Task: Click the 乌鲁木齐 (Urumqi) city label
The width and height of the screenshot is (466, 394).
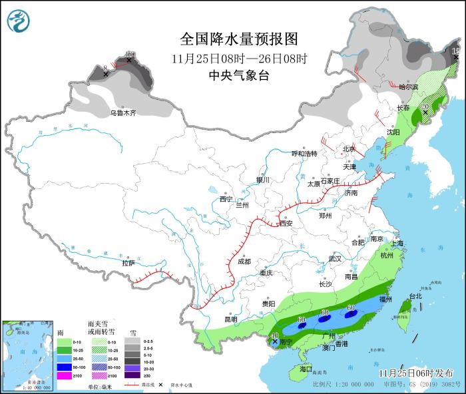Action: (x=123, y=113)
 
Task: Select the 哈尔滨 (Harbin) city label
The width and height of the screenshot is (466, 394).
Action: (x=408, y=87)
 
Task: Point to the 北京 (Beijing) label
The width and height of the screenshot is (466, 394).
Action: (x=349, y=148)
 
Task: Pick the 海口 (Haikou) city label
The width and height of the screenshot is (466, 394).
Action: (x=306, y=368)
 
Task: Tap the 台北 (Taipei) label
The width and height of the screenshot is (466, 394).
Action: (x=415, y=296)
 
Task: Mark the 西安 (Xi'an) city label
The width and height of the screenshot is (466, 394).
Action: (x=286, y=223)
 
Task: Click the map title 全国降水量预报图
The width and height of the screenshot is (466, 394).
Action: (x=238, y=38)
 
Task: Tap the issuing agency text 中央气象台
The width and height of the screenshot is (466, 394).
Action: (x=238, y=76)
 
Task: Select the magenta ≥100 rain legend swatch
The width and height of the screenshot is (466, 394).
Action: (x=64, y=375)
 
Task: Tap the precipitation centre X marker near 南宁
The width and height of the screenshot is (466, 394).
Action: (x=275, y=341)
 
